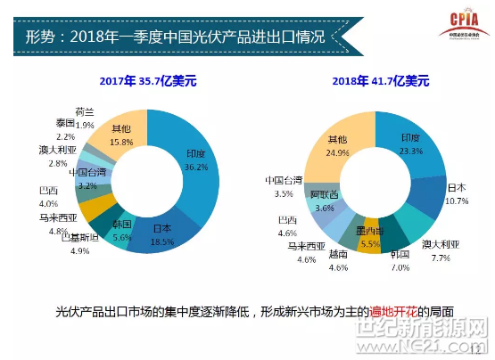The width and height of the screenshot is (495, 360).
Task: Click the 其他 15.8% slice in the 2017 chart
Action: pyautogui.click(x=120, y=135)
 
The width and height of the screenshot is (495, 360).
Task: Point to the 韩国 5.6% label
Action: pyautogui.click(x=121, y=229)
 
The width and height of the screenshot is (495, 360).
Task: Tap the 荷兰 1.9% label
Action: pyautogui.click(x=85, y=118)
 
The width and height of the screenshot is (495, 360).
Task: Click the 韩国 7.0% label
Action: pyautogui.click(x=399, y=259)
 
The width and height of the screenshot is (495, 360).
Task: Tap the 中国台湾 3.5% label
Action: pyautogui.click(x=285, y=185)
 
